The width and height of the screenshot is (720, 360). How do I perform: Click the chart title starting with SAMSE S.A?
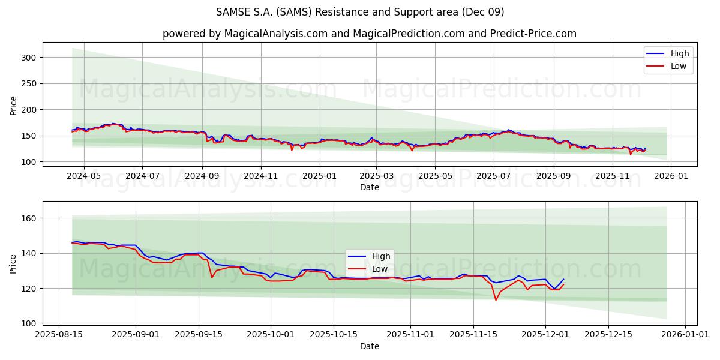360,12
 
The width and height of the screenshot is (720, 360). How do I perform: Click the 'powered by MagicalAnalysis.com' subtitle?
369,34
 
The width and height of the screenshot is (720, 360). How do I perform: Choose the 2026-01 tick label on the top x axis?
670,176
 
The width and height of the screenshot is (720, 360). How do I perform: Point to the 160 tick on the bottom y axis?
28,218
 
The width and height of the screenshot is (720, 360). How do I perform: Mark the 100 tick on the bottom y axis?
28,323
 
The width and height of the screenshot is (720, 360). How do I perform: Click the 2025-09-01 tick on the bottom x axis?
135,335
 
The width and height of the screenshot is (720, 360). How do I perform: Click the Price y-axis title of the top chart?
14,105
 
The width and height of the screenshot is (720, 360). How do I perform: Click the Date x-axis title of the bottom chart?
369,346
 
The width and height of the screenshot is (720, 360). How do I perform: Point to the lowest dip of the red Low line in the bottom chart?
496,299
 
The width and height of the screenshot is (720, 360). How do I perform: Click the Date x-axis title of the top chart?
369,187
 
